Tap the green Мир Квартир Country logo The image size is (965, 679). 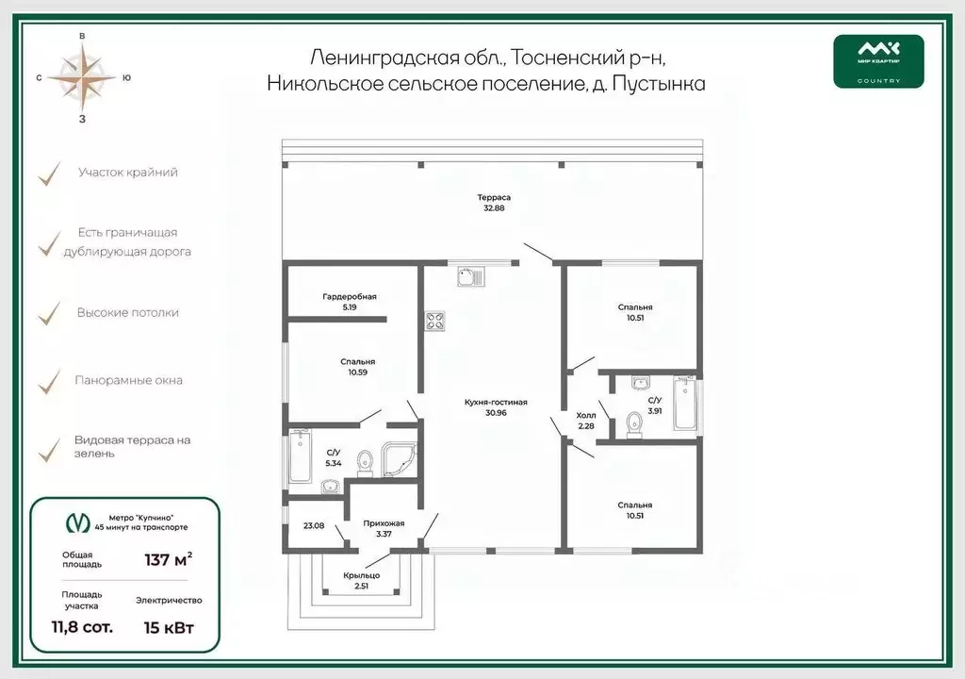click(878, 61)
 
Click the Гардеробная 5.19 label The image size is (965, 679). click(349, 302)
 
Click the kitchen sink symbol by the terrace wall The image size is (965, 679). click(469, 275)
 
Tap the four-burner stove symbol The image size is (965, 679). click(435, 321)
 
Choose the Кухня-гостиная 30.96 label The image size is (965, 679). click(495, 407)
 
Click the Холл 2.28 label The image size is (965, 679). click(586, 421)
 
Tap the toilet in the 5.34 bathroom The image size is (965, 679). click(365, 461)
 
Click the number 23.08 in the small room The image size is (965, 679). click(313, 525)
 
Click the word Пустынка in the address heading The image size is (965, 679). click(659, 84)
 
